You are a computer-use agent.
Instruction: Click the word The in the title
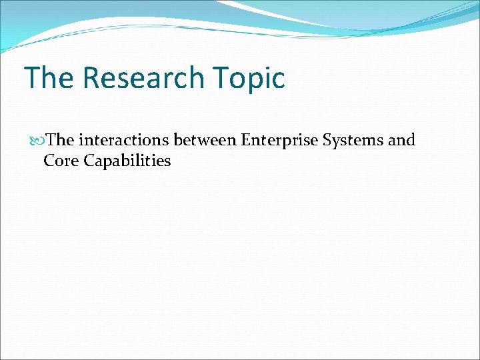[49, 78]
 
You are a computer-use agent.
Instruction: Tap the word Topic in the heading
[251, 78]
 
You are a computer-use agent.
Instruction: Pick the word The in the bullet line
[61, 141]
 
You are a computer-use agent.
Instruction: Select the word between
[205, 141]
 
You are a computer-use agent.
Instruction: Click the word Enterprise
[279, 141]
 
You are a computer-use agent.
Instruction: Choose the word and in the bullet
[401, 141]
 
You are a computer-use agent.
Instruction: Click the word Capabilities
[128, 161]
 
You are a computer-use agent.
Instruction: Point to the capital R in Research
[91, 78]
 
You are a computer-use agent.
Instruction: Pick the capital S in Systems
[327, 141]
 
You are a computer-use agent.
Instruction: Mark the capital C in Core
[48, 161]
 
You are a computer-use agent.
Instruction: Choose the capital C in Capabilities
[89, 161]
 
